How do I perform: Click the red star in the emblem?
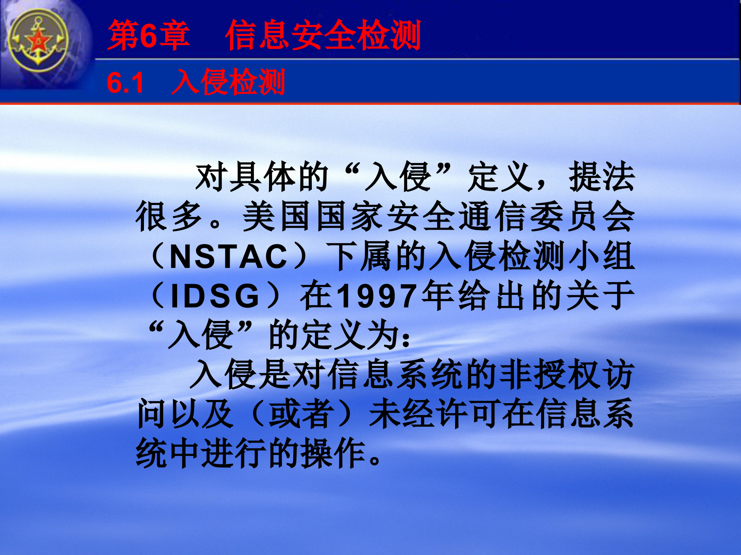(x=38, y=41)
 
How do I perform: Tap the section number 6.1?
(x=125, y=83)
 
